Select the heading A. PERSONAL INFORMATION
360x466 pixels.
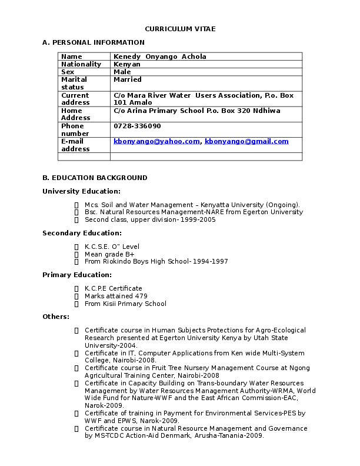pyautogui.click(x=94, y=42)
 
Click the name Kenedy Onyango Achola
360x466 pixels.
pyautogui.click(x=159, y=56)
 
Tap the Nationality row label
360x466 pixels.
pyautogui.click(x=81, y=64)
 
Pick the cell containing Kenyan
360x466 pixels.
pyautogui.click(x=127, y=64)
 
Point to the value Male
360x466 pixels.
pyautogui.click(x=122, y=72)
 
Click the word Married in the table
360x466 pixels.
pyautogui.click(x=128, y=79)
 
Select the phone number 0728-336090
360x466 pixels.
pyautogui.click(x=137, y=126)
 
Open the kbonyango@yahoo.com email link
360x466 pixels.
pyautogui.click(x=156, y=141)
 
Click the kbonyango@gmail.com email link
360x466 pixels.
pyautogui.click(x=246, y=141)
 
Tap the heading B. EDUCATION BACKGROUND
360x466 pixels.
pyautogui.click(x=95, y=178)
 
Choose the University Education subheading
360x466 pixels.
pyautogui.click(x=81, y=191)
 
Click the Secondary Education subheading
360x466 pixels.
pyautogui.click(x=82, y=233)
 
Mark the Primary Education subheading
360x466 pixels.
pyautogui.click(x=77, y=275)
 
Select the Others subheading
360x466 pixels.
pyautogui.click(x=56, y=317)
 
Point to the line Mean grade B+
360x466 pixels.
pyautogui.click(x=109, y=254)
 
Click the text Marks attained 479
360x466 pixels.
pyautogui.click(x=116, y=296)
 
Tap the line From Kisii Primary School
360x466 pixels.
pyautogui.click(x=125, y=304)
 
